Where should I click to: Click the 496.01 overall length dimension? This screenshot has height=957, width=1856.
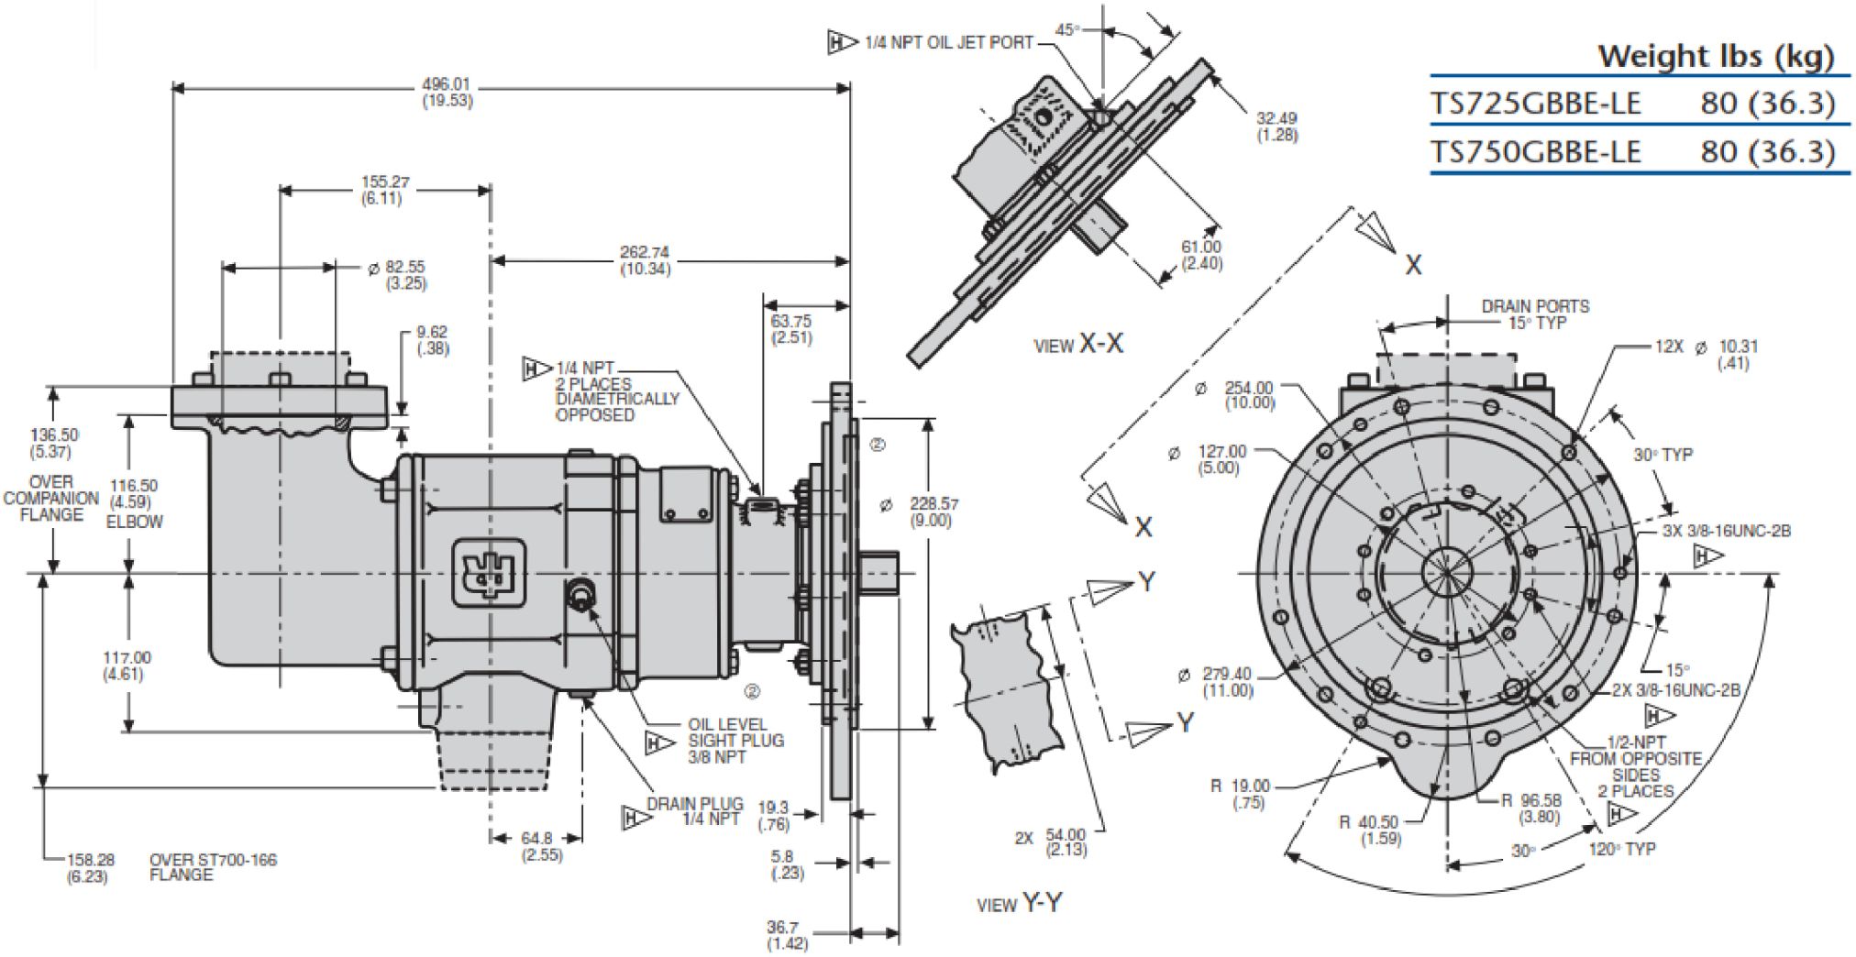[447, 92]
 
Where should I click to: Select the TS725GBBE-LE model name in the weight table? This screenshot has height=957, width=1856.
[1535, 103]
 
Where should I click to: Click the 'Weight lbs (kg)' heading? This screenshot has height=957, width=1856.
[1716, 56]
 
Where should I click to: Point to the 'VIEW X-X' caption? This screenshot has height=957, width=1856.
[1077, 345]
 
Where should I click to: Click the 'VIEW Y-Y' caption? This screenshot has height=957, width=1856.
[1019, 904]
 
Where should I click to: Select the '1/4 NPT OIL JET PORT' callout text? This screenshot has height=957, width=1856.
[948, 42]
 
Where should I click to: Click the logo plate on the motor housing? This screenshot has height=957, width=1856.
[489, 573]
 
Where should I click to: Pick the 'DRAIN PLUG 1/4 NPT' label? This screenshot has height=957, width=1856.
[694, 811]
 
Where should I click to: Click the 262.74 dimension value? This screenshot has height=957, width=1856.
[645, 260]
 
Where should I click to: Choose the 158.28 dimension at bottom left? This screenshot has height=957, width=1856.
[90, 867]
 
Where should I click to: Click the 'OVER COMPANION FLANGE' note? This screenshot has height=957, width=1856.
[51, 498]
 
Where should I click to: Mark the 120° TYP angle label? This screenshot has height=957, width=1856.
[1621, 849]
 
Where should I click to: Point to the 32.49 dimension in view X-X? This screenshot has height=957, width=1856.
[1276, 126]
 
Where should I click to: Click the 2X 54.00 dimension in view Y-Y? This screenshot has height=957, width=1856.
[1052, 841]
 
